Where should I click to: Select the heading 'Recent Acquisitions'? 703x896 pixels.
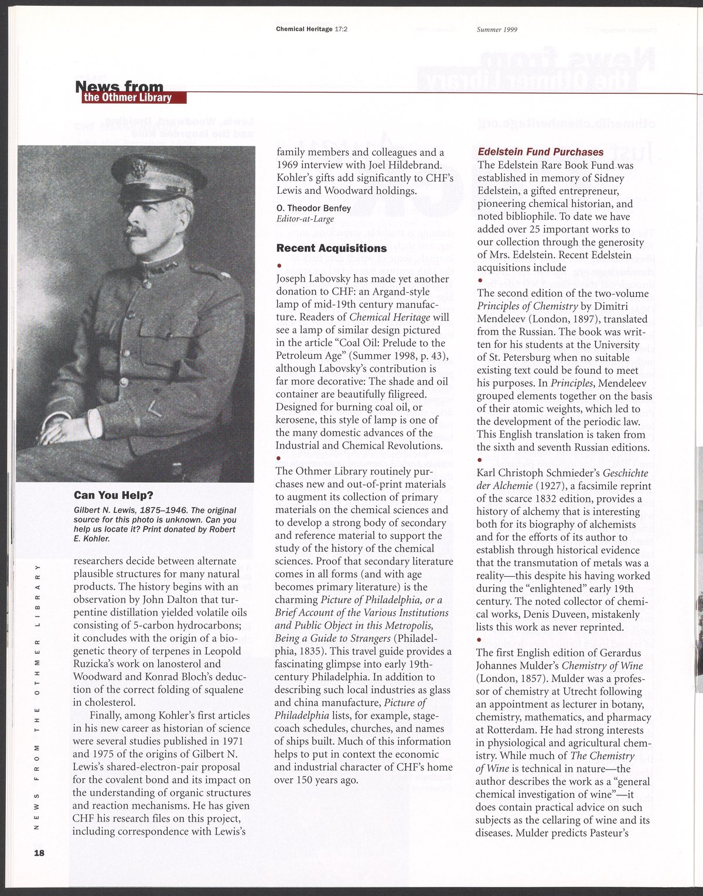[x=331, y=248]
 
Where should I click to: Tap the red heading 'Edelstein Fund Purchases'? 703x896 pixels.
[x=540, y=152]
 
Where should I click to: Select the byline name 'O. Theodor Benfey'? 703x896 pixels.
[x=313, y=208]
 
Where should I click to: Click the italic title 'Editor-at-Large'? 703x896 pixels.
[x=305, y=220]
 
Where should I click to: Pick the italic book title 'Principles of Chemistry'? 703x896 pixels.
[x=527, y=306]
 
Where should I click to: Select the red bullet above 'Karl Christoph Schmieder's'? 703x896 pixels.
[x=479, y=460]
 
